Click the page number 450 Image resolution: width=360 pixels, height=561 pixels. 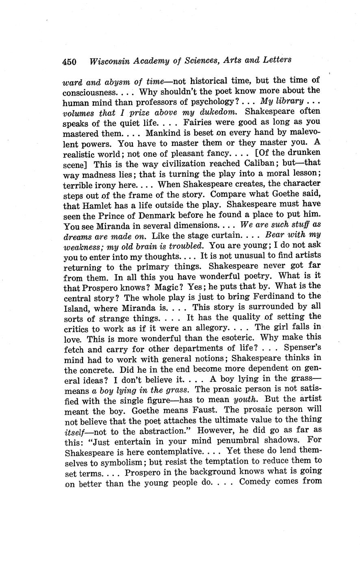(69, 61)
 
